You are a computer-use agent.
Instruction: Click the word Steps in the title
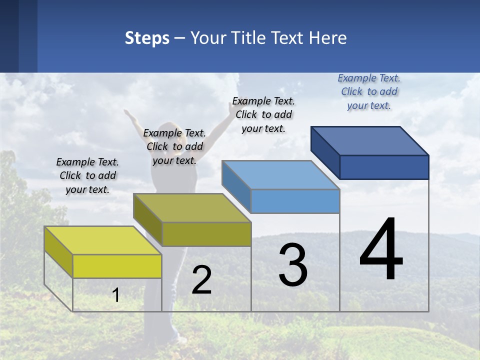[x=147, y=38]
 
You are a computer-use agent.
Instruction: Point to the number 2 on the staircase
[x=201, y=280]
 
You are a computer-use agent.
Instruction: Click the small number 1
[x=116, y=295]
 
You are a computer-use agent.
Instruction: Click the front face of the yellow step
[x=117, y=266]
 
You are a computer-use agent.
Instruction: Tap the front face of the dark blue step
[x=384, y=167]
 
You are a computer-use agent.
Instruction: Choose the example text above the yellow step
[x=87, y=175]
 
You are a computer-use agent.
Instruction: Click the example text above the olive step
[x=174, y=146]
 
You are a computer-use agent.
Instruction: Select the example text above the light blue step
[x=263, y=114]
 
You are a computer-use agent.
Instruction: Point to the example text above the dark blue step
[x=369, y=91]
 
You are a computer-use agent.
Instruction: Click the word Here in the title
[x=328, y=38]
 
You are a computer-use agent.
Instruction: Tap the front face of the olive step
[x=206, y=234]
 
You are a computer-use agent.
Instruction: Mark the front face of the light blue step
[x=295, y=201]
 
